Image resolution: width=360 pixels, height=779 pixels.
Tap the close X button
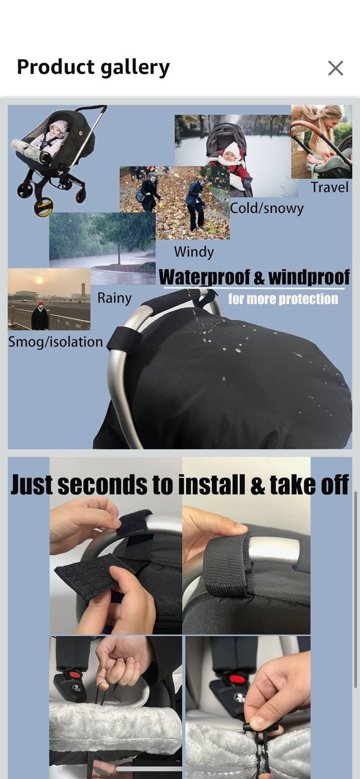tap(336, 68)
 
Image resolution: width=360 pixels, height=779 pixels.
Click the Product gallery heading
tap(93, 67)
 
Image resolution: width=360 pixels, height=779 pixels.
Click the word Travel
tap(330, 187)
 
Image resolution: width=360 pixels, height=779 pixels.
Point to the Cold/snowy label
tap(267, 208)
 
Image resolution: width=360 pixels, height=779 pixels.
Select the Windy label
tap(194, 252)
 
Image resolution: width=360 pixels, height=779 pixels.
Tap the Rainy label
tap(114, 298)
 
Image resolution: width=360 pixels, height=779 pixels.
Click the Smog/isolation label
tap(56, 342)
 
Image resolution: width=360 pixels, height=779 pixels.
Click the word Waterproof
tap(205, 278)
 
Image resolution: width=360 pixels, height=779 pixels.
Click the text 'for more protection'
tap(283, 299)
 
